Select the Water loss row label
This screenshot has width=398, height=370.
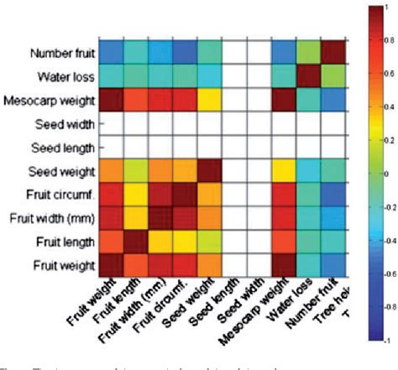(67, 77)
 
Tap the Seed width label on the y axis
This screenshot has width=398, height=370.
(67, 124)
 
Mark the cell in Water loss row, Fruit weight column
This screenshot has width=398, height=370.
(111, 78)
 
